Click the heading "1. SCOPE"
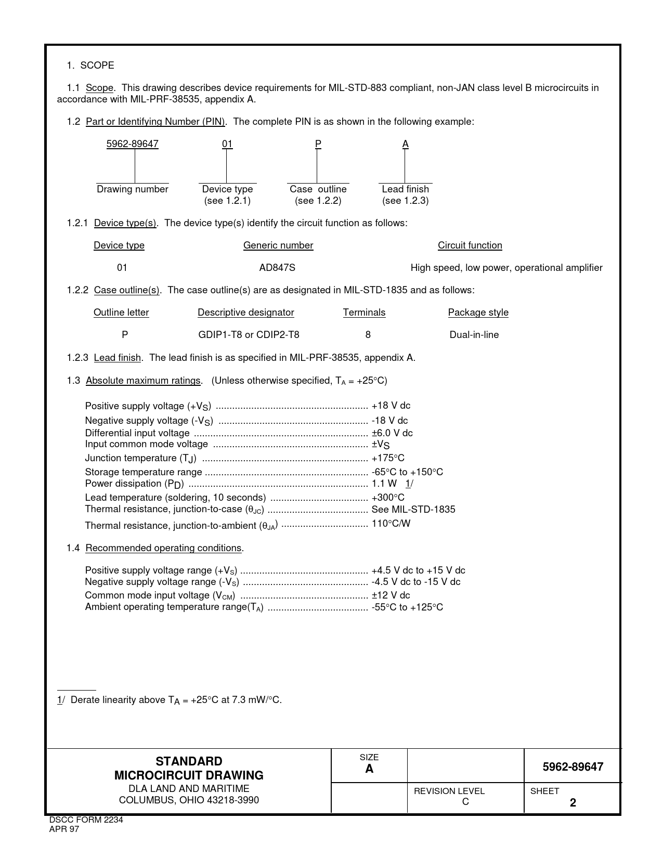coord(90,66)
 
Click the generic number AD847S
coord(277,268)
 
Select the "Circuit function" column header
coord(470,245)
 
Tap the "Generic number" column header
coord(278,245)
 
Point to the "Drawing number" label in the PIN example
coord(133,189)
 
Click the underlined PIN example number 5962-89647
coord(132,144)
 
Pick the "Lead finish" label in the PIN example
coord(405,189)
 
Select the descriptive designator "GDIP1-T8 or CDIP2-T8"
coord(249,335)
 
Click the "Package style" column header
coord(478,313)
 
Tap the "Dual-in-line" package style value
coord(474,335)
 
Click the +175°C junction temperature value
coord(387,458)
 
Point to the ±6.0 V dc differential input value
coord(392,433)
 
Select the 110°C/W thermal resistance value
coord(391,524)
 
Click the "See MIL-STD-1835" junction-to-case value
coord(413,510)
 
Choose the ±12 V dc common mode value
coord(391,595)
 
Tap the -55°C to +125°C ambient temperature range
coord(407,607)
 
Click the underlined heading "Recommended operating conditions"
coord(163,548)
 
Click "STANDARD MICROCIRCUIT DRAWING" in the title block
coord(189,769)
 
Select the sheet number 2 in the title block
coord(573,803)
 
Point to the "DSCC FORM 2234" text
coord(86,820)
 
